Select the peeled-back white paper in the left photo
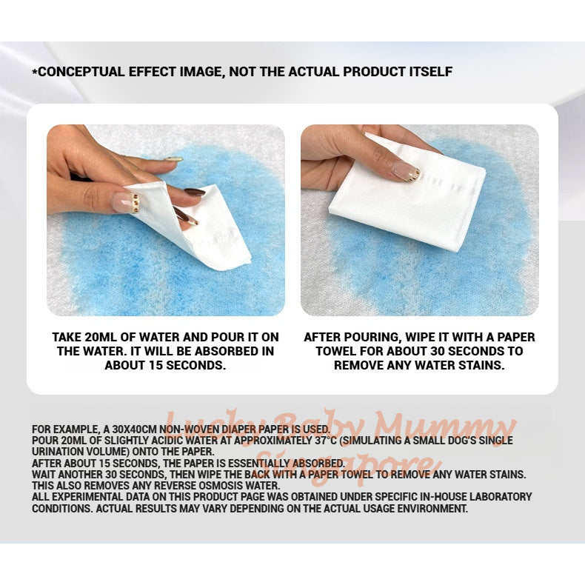pyautogui.click(x=215, y=222)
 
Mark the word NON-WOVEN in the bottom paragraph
pyautogui.click(x=185, y=429)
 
